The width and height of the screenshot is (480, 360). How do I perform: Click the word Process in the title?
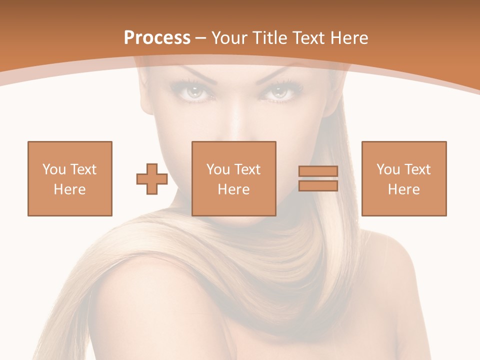157,38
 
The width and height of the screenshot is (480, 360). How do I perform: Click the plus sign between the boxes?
152,179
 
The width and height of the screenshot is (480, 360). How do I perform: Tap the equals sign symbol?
318,178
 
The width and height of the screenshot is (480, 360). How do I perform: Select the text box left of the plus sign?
70,178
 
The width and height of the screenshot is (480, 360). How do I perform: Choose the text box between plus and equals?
233,178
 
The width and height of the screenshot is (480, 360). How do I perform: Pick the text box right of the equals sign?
404,178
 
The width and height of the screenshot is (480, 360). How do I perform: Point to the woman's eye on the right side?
280,92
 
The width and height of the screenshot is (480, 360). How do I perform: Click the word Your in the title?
229,38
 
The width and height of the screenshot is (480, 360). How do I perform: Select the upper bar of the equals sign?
318,171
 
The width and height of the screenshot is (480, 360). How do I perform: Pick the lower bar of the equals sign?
318,186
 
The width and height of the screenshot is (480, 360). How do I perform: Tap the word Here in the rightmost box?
403,189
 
